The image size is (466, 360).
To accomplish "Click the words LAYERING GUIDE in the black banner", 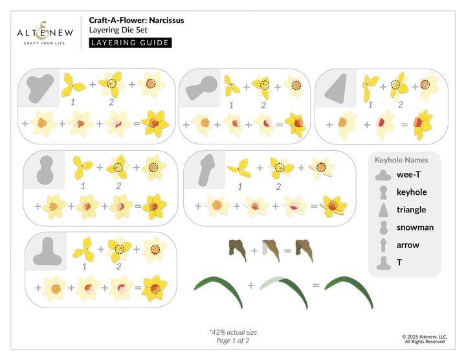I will (x=130, y=43).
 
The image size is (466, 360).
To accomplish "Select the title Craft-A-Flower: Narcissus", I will (x=136, y=20).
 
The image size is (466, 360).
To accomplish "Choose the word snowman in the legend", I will (x=415, y=227).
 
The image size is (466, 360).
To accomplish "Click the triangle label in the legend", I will (x=411, y=210).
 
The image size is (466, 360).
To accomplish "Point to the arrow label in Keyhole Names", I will (x=408, y=245).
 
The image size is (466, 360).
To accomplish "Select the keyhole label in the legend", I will (x=411, y=192).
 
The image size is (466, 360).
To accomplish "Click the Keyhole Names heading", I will (x=401, y=159).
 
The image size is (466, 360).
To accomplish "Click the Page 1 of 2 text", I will (x=232, y=341).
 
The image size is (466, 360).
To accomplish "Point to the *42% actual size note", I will (x=233, y=332).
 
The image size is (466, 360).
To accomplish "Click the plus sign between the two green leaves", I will (x=250, y=285).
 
